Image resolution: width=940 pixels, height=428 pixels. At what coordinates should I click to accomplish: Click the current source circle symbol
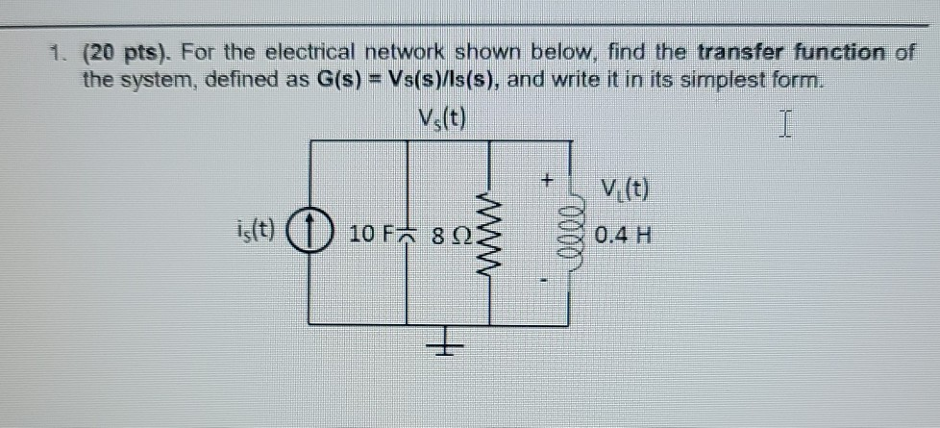click(x=309, y=234)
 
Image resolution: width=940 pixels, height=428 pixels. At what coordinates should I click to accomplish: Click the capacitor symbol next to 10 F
click(x=410, y=234)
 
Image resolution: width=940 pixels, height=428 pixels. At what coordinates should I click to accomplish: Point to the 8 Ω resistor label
click(x=454, y=234)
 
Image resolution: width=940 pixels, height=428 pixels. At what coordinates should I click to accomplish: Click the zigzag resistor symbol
click(x=490, y=234)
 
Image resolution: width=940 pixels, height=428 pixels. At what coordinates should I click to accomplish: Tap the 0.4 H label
click(x=623, y=233)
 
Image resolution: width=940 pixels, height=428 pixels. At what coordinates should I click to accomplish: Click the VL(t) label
click(x=623, y=188)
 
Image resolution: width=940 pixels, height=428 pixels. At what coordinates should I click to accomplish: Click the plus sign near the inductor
click(x=547, y=180)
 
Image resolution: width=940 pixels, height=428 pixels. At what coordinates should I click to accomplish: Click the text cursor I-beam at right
click(x=784, y=123)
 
